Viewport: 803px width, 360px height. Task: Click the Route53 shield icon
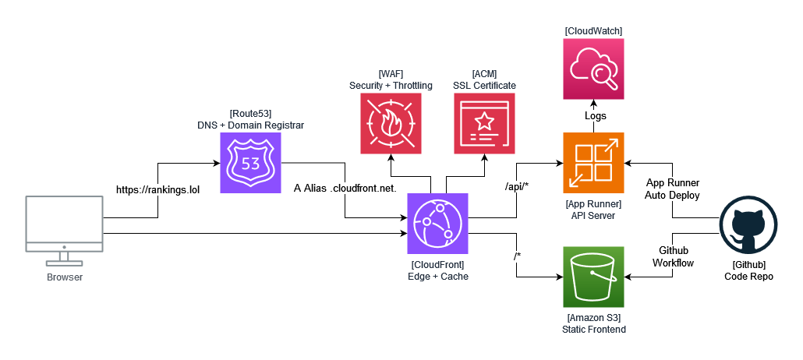(251, 163)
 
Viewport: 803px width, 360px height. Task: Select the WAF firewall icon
(391, 123)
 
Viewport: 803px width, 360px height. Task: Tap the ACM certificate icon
(484, 123)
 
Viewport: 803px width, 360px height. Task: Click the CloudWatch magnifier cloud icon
(593, 69)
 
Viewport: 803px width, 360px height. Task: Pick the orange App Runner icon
(593, 163)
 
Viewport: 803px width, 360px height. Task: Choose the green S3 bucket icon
(593, 277)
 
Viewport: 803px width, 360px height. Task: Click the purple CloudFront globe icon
(438, 224)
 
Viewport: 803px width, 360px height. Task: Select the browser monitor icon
(65, 232)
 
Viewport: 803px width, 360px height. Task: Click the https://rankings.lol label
(157, 190)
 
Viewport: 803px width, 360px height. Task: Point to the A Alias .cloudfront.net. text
(345, 188)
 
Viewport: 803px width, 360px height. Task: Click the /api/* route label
(517, 187)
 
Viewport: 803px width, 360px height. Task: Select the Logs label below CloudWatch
(596, 116)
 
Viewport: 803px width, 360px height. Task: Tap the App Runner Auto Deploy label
(672, 189)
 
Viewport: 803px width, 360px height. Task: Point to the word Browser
(65, 278)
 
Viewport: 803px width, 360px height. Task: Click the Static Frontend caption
(593, 330)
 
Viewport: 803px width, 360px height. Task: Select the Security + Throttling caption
(391, 86)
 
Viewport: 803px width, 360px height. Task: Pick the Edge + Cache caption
(438, 277)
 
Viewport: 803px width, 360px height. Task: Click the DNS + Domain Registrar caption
(251, 125)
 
